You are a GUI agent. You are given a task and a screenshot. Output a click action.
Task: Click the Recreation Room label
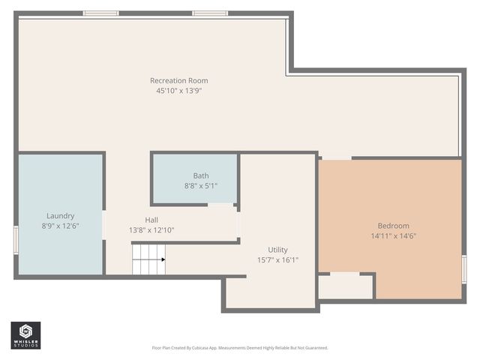(178, 80)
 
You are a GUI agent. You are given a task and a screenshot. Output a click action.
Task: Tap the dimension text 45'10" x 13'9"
(178, 91)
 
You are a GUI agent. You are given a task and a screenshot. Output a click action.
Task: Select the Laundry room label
(60, 216)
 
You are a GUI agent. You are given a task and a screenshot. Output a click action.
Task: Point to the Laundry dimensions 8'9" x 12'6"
(60, 226)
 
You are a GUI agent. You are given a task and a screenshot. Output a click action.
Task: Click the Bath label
(201, 175)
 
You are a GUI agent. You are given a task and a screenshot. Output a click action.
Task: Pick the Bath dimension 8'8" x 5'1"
(201, 185)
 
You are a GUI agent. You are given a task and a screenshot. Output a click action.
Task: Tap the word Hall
(151, 220)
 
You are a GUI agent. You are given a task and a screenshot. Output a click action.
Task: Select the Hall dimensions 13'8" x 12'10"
(151, 230)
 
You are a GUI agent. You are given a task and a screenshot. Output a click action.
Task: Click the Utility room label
(277, 250)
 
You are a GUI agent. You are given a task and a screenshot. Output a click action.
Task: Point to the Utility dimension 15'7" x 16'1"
(277, 260)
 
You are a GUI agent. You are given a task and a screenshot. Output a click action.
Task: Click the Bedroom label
(393, 226)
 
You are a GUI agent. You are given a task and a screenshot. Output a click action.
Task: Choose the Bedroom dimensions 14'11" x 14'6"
(393, 236)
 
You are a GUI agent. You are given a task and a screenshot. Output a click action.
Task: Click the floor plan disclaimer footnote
(240, 348)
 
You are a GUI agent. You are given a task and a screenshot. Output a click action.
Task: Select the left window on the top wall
(100, 13)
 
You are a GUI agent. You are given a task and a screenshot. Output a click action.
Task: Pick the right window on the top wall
(210, 13)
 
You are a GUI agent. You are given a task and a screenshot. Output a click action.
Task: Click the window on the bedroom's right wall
(463, 268)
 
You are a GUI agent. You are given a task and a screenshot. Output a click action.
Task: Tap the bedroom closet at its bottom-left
(345, 286)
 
